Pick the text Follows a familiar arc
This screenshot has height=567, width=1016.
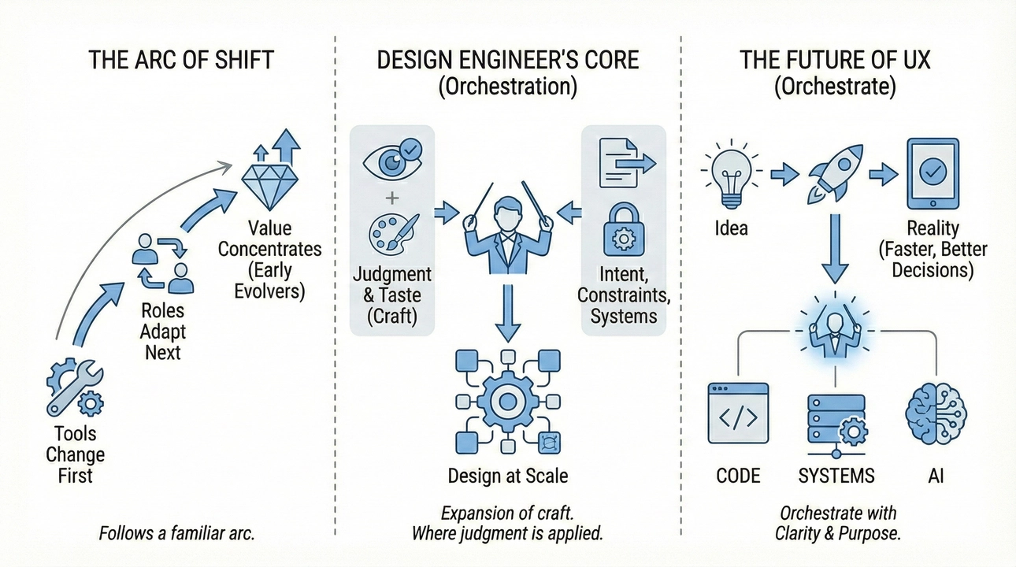pyautogui.click(x=176, y=533)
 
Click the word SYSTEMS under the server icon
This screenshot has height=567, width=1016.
pyautogui.click(x=836, y=476)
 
